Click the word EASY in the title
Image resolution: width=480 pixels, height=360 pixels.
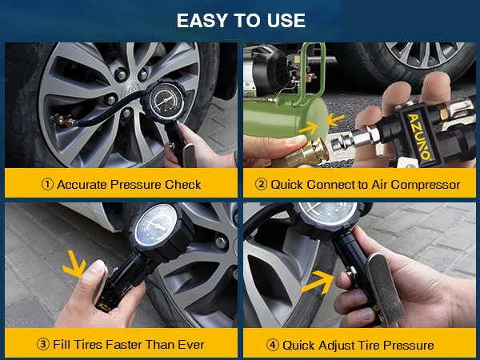(x=203, y=21)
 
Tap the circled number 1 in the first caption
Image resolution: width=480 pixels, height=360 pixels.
(x=47, y=184)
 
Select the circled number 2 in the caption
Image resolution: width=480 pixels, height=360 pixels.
(x=261, y=184)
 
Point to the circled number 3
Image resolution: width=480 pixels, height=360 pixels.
(x=43, y=344)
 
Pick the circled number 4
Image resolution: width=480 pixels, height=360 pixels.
(x=273, y=345)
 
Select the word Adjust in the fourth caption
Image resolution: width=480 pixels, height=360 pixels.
(x=336, y=346)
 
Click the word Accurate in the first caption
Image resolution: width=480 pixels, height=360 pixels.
(x=82, y=185)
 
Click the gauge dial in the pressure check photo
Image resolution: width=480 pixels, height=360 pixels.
(x=166, y=100)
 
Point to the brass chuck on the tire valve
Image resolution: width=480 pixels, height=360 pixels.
(x=62, y=120)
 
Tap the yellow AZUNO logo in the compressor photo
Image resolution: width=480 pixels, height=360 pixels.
(x=419, y=137)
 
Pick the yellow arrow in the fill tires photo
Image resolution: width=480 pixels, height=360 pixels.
(x=75, y=264)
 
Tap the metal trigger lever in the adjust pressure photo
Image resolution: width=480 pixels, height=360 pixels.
(x=385, y=290)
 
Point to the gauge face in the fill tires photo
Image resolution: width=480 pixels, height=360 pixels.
(x=157, y=225)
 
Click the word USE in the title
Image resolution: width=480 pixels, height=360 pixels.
(x=286, y=21)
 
